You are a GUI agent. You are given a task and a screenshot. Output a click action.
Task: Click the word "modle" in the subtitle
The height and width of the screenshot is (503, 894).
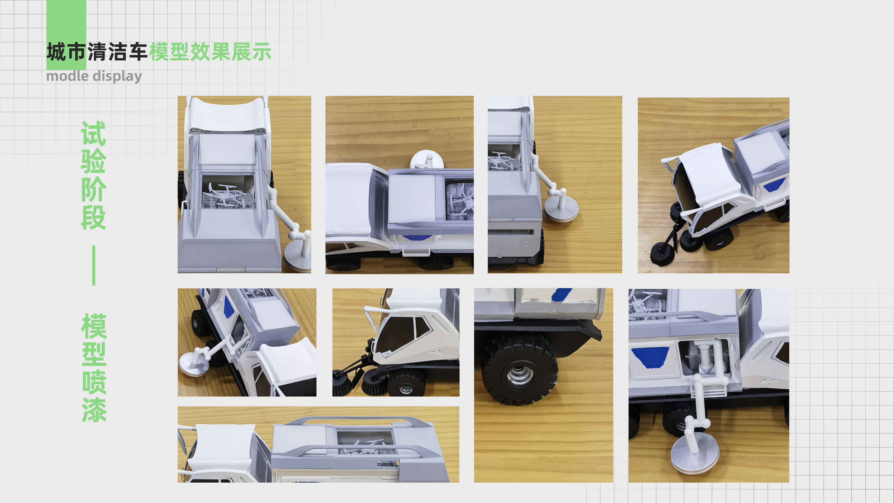(67, 76)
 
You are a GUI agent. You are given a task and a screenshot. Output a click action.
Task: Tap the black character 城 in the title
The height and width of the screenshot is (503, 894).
(56, 52)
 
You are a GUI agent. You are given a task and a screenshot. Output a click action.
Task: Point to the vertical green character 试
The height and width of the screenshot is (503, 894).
(93, 133)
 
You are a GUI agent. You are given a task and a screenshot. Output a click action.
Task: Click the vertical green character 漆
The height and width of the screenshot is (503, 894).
(94, 410)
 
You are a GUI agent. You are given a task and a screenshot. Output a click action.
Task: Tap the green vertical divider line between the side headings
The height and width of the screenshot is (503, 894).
(94, 265)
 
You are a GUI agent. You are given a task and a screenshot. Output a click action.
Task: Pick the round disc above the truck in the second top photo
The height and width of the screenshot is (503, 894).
(427, 159)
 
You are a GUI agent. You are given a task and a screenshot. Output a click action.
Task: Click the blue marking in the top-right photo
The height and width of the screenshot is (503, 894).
(774, 185)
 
